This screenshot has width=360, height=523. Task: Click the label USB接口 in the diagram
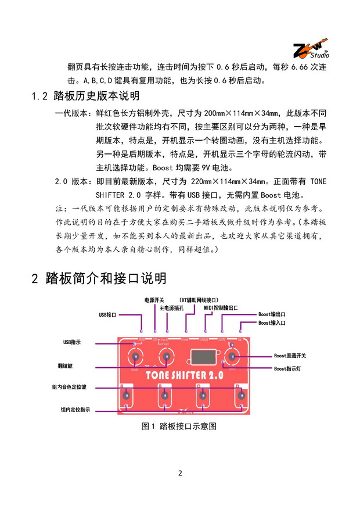(107, 314)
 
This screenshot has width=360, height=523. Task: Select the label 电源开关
(154, 300)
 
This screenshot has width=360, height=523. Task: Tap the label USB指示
(72, 343)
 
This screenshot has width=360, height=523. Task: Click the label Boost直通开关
(290, 356)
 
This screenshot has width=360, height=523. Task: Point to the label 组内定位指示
(75, 410)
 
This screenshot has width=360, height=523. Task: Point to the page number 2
(180, 472)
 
